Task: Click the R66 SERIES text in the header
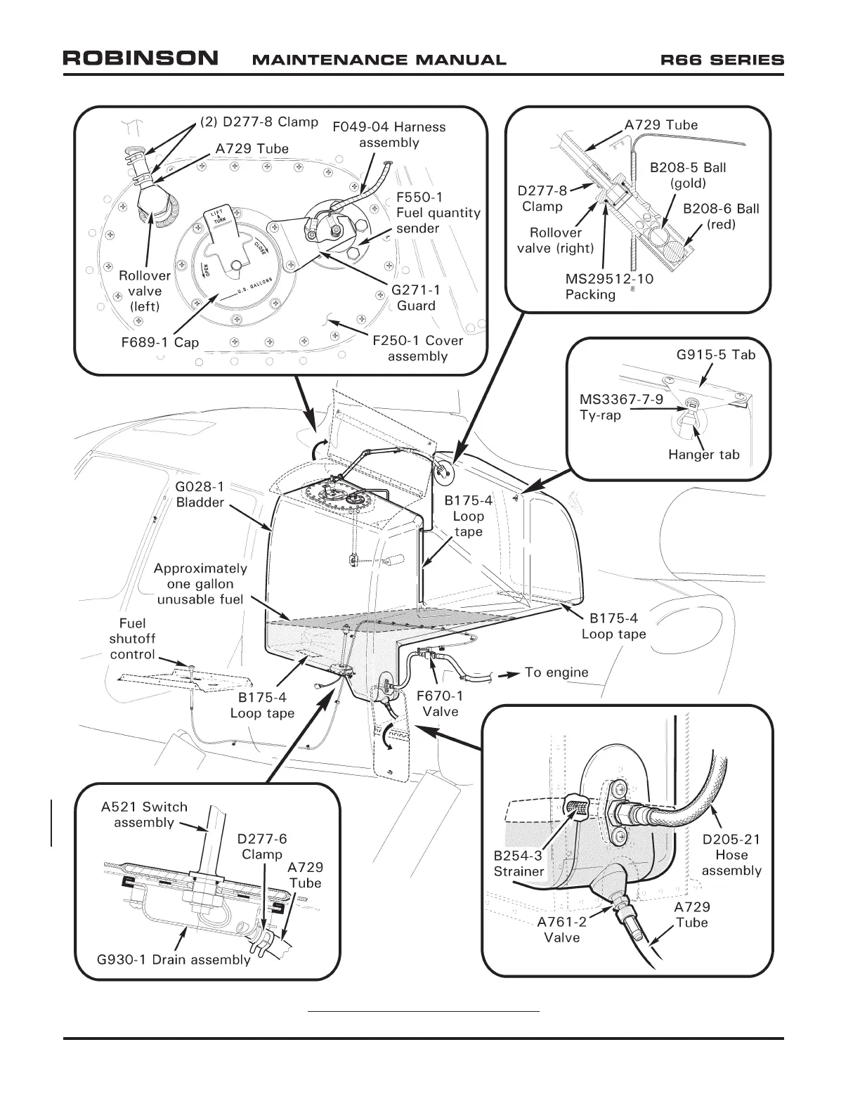722,60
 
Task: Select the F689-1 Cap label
160,343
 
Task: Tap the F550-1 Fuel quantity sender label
438,213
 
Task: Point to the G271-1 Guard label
416,297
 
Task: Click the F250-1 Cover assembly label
417,348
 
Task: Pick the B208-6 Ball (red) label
721,216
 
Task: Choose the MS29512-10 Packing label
608,287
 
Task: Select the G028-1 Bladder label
200,494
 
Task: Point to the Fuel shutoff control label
132,639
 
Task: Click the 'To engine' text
556,672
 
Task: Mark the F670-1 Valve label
440,703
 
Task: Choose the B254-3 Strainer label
519,864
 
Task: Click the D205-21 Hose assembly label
731,854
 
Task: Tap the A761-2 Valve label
561,930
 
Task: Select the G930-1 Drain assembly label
173,960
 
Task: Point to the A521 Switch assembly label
144,814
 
